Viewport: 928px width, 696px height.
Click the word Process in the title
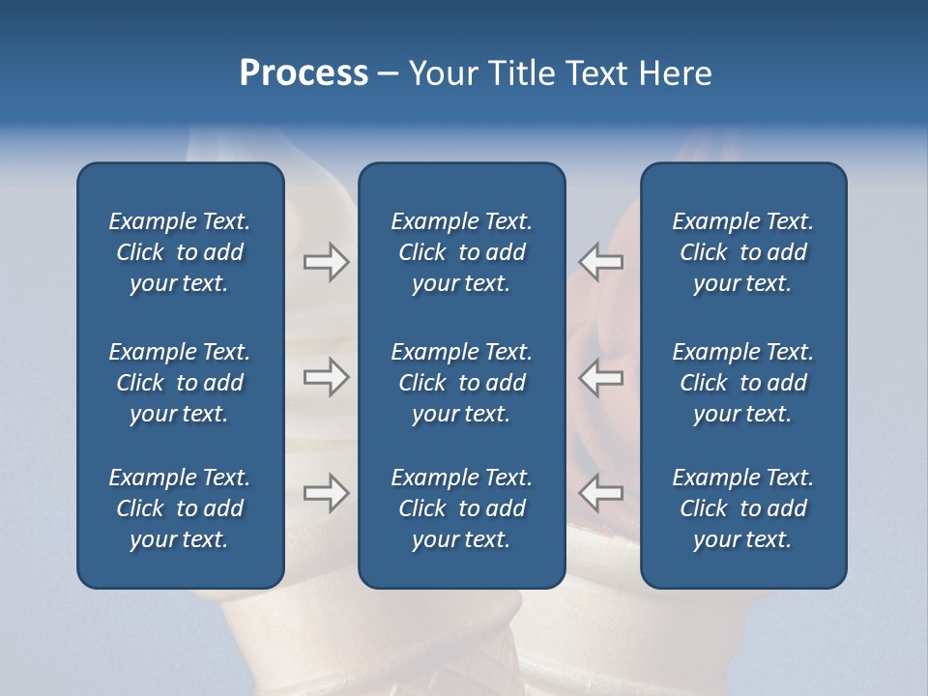304,73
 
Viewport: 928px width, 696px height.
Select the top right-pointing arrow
326,262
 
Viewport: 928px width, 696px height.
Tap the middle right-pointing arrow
326,377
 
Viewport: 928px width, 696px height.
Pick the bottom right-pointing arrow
326,493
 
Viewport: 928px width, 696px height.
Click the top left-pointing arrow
600,262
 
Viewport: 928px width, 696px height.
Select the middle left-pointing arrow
600,377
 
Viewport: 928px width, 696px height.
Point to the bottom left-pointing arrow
600,493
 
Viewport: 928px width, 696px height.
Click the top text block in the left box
180,252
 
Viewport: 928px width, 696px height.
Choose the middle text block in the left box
180,383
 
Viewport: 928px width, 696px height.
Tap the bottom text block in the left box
180,508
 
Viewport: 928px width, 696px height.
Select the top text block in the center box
461,252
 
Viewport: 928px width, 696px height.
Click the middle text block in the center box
461,383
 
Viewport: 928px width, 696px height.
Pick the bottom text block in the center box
461,508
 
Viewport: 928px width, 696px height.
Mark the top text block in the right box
742,252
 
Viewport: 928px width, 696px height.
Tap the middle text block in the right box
742,383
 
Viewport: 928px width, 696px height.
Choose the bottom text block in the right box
742,508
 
